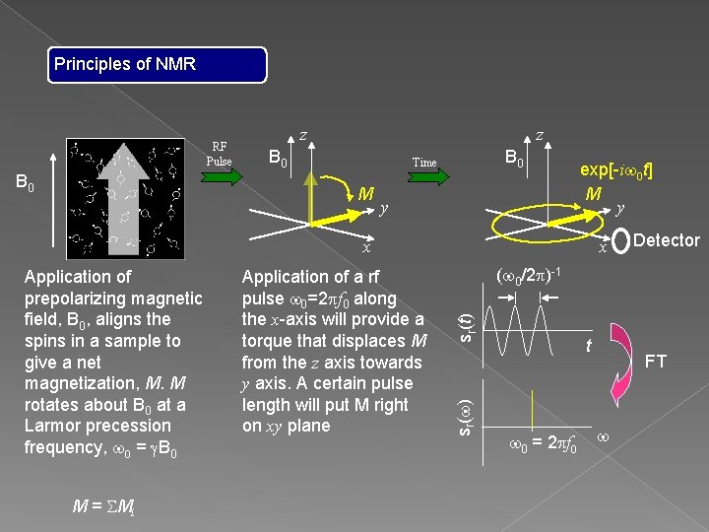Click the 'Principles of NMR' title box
(x=159, y=65)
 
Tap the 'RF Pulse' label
(x=220, y=154)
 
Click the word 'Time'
(x=424, y=163)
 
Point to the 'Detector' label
(x=667, y=240)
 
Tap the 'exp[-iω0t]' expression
(x=616, y=169)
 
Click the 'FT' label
(x=655, y=362)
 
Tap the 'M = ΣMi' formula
(x=97, y=506)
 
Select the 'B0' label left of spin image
(x=27, y=183)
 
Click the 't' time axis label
(x=588, y=347)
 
